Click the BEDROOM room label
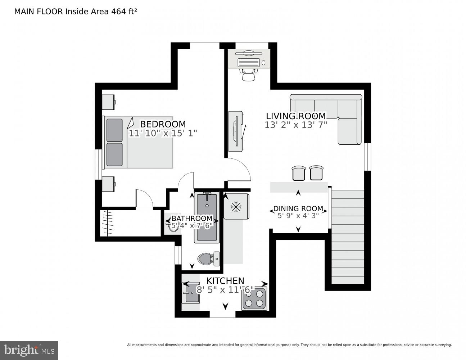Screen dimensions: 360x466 pos(163,124)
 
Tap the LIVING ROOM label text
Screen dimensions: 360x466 pos(295,116)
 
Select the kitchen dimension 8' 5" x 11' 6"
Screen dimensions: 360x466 pos(225,289)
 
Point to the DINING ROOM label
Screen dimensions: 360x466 pos(298,208)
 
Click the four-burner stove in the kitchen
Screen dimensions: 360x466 pos(254,298)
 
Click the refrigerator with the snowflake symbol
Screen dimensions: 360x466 pos(236,206)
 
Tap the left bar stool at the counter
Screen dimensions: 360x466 pos(298,173)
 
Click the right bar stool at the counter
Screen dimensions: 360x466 pos(316,173)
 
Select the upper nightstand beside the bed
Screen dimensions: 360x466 pos(108,102)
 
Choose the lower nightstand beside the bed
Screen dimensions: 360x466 pos(108,184)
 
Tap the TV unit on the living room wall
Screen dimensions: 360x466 pos(236,131)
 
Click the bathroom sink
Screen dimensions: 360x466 pos(172,225)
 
